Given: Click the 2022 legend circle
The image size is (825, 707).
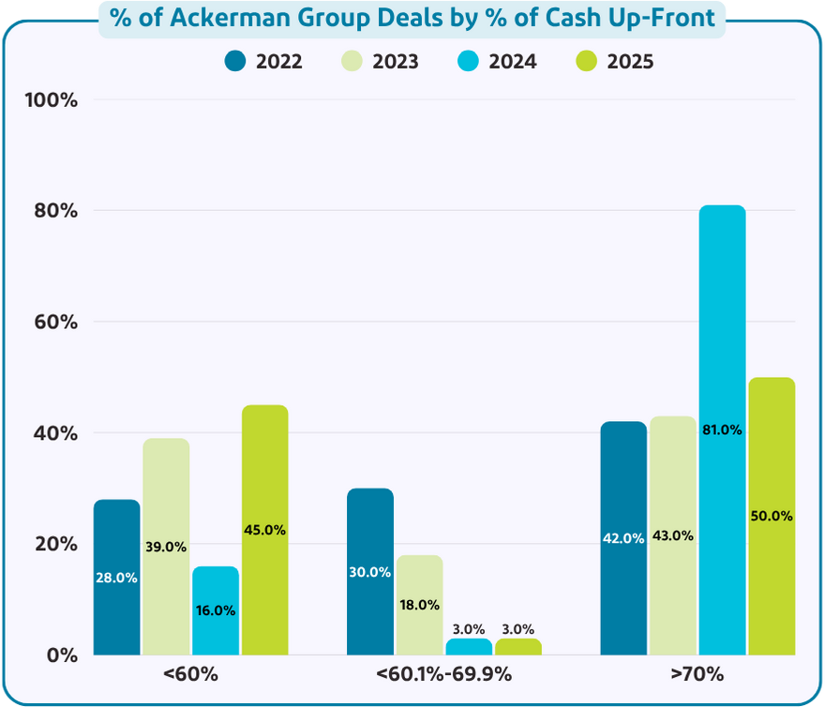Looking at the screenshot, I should pyautogui.click(x=235, y=62).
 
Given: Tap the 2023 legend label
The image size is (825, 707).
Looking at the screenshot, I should pyautogui.click(x=395, y=62).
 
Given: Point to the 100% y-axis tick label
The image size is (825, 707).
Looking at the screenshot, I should pyautogui.click(x=54, y=99).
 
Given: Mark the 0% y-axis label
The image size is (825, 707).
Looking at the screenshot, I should pyautogui.click(x=63, y=654).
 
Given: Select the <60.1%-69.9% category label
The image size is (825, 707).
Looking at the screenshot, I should pyautogui.click(x=443, y=674).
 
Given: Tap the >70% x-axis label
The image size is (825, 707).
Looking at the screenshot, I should pyautogui.click(x=697, y=674).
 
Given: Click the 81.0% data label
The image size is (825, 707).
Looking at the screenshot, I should pyautogui.click(x=722, y=430).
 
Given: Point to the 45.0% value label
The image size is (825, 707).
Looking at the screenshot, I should pyautogui.click(x=264, y=530).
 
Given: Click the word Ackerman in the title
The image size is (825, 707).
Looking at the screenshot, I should pyautogui.click(x=219, y=18).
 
